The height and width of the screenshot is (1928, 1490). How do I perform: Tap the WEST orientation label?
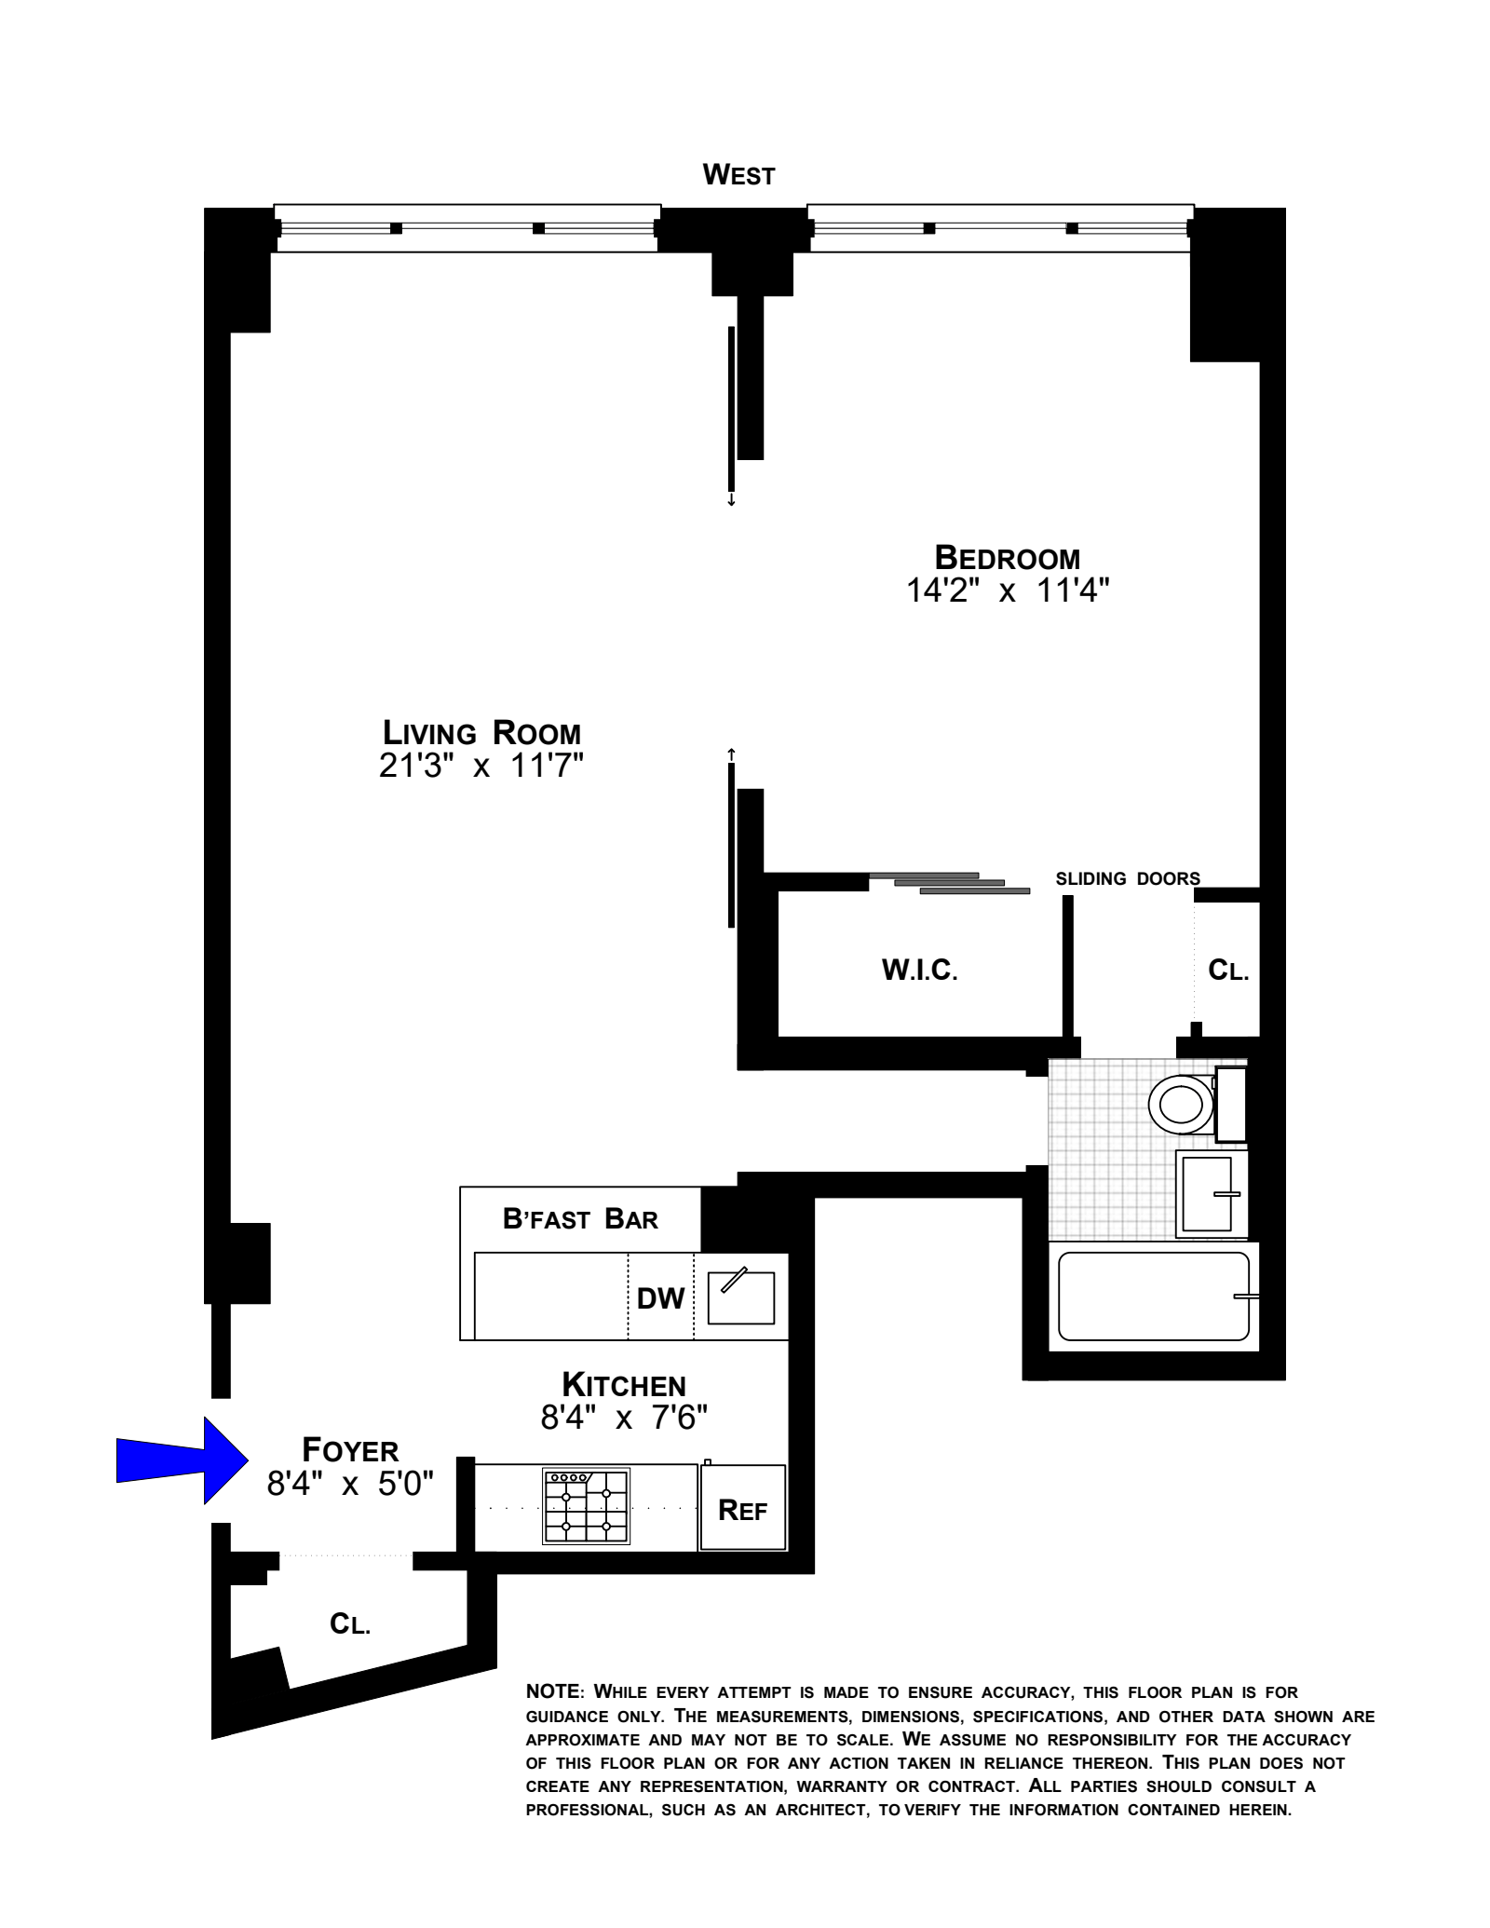click(738, 175)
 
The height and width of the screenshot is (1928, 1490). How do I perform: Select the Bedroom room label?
click(1007, 558)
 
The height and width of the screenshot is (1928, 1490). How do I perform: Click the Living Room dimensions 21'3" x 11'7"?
click(481, 766)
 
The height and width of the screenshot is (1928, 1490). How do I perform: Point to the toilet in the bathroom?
click(1181, 1105)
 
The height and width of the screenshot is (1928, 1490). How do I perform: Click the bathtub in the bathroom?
click(1153, 1296)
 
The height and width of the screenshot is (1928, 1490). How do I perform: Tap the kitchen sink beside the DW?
click(741, 1297)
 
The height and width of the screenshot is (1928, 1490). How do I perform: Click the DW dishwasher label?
click(660, 1298)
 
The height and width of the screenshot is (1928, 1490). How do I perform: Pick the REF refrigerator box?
click(742, 1510)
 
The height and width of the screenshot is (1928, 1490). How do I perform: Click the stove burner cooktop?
click(586, 1506)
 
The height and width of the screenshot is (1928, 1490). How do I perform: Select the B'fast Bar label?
click(580, 1219)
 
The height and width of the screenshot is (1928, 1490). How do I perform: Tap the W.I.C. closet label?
click(919, 971)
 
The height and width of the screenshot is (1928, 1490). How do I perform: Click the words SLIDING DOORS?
click(1127, 878)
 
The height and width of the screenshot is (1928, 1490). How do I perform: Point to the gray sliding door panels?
click(950, 883)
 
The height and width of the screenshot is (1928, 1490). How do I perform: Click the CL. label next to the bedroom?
click(1227, 971)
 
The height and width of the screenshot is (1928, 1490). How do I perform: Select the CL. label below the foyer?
click(350, 1625)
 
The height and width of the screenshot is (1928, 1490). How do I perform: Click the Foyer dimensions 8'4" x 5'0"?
click(350, 1483)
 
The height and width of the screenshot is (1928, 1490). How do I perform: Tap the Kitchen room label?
click(623, 1385)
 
